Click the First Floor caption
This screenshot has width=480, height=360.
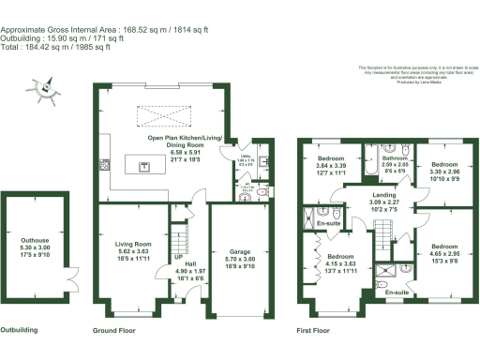click(317, 332)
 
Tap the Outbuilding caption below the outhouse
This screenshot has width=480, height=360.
click(19, 332)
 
